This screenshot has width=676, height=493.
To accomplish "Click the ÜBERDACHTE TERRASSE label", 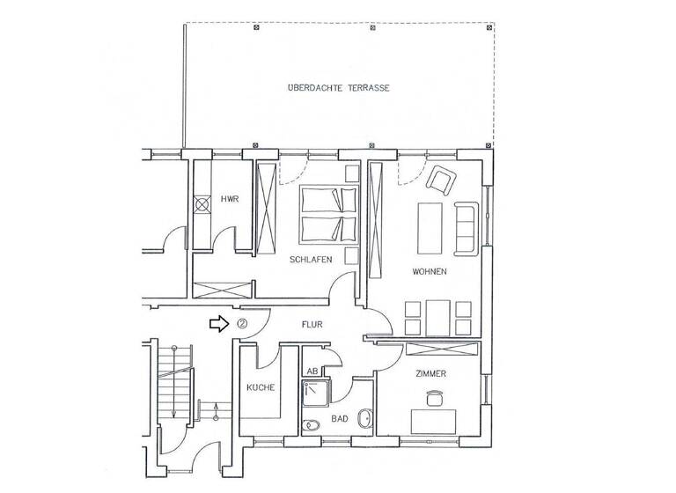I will click(x=338, y=89).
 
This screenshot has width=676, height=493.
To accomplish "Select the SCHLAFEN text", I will click(x=310, y=260).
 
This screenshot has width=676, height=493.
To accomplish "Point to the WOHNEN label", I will click(x=430, y=272).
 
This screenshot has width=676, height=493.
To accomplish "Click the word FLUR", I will click(x=312, y=325).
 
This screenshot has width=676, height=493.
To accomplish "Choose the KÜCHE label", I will click(x=261, y=387).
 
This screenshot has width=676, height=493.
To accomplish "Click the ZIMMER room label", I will click(x=431, y=374).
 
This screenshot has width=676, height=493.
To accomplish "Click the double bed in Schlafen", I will click(x=321, y=214).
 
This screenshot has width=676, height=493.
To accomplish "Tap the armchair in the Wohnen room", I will click(x=440, y=180).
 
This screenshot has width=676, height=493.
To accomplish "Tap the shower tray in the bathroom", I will click(x=317, y=392).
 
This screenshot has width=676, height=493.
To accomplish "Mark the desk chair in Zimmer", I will click(x=431, y=401).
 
